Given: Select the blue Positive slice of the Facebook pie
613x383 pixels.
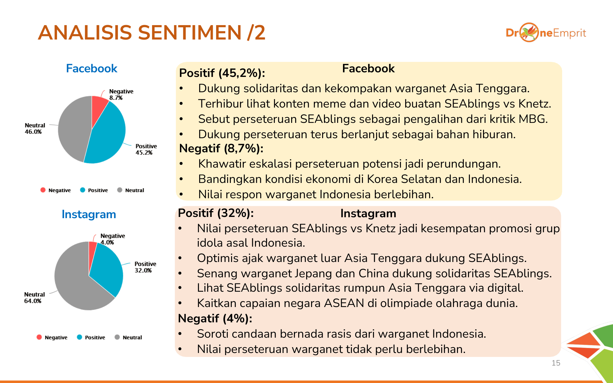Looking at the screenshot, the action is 107,138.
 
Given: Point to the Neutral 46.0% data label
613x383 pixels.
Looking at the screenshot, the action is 35,128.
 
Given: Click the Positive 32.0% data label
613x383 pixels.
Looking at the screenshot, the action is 145,267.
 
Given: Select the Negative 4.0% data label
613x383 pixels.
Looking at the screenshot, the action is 112,239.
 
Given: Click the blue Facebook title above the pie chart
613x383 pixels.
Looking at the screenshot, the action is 92,68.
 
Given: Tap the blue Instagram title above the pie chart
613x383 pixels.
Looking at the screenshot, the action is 89,214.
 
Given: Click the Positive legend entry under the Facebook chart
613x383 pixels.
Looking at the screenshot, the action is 94,190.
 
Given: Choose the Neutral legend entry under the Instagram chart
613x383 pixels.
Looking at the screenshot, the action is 128,337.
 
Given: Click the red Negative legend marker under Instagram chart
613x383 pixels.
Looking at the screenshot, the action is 39,337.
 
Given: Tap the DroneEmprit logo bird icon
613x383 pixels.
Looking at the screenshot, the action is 529,32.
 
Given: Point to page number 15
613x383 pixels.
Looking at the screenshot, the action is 556,363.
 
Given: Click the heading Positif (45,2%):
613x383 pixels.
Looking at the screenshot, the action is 222,73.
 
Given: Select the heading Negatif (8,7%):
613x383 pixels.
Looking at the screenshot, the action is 221,148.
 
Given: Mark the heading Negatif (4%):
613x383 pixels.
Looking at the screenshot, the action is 215,319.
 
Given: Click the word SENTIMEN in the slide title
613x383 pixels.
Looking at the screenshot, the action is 190,32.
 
